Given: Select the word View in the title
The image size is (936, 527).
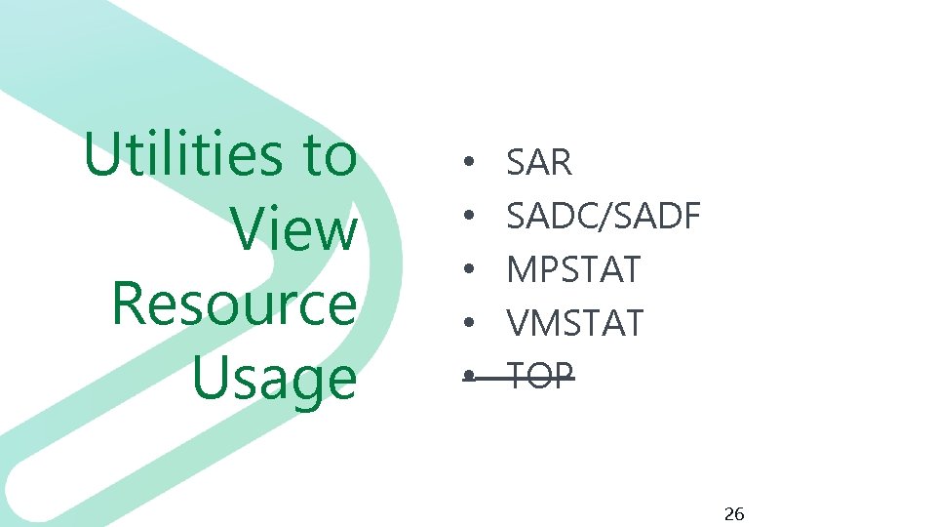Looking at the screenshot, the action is pos(295,230).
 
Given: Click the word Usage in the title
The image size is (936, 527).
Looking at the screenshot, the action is pos(275,379).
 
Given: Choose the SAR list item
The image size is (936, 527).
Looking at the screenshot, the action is pos(539,163).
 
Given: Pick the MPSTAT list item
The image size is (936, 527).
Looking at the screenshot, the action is pos(574,268).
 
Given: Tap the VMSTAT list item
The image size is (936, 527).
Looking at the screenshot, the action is pos(575,321).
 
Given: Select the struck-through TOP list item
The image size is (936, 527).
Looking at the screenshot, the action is pos(541,374).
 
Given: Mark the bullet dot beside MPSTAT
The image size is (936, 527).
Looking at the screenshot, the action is pos(469,269).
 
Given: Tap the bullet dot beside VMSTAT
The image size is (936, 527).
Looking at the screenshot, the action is pos(469,322).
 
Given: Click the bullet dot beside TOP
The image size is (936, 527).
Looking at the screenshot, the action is pos(469,375).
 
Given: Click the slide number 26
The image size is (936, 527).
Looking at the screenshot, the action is pos(734,513).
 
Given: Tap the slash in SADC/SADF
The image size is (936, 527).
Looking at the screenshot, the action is pos(608,216).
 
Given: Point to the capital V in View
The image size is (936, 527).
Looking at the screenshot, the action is pos(252,230).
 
